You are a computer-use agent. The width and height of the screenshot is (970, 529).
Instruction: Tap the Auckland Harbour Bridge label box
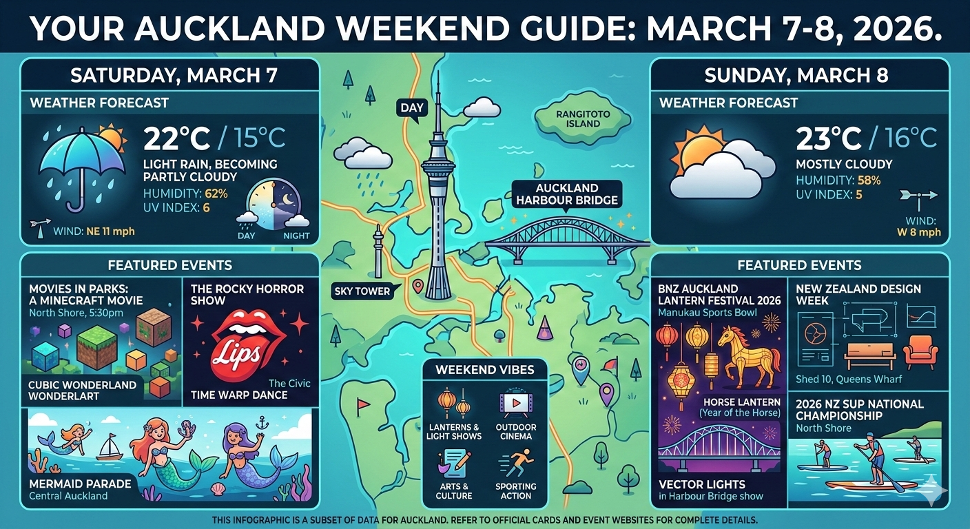click(566, 194)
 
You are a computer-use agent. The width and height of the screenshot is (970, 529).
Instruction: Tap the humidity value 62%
click(215, 193)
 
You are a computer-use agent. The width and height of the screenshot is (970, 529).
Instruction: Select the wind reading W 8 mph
click(919, 232)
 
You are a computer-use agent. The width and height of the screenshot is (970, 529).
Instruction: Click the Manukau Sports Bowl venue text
click(708, 313)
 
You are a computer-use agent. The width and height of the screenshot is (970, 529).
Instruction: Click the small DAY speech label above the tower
click(412, 107)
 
